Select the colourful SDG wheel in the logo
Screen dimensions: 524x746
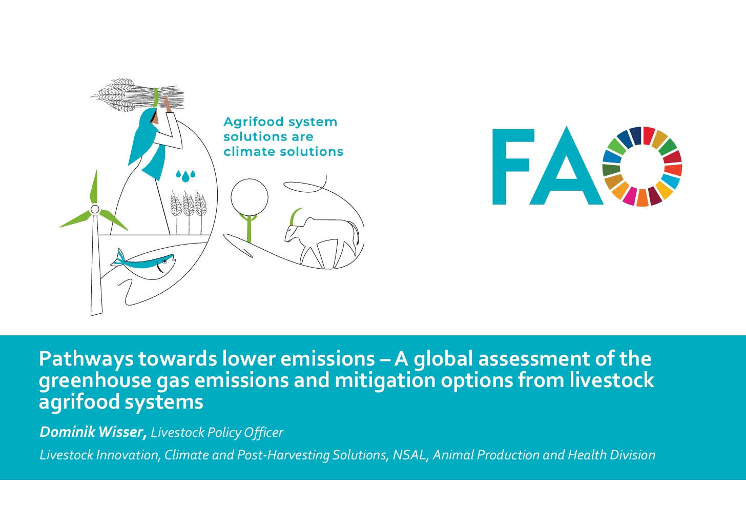pyautogui.click(x=642, y=167)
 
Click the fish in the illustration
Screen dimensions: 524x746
pyautogui.click(x=146, y=263)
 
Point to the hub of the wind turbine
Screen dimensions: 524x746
pyautogui.click(x=95, y=209)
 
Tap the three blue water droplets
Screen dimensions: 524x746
pyautogui.click(x=185, y=176)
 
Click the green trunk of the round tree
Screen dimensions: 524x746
pyautogui.click(x=250, y=228)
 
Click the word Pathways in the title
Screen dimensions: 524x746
pyautogui.click(x=86, y=359)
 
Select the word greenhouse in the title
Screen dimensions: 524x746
pyautogui.click(x=95, y=380)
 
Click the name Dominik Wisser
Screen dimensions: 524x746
pyautogui.click(x=93, y=432)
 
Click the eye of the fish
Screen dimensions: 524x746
pyautogui.click(x=165, y=261)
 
